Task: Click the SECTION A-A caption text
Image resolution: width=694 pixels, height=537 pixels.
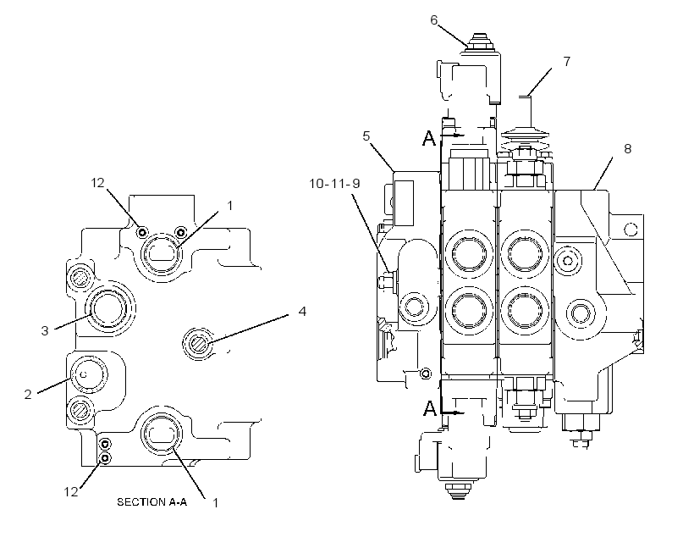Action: pyautogui.click(x=151, y=502)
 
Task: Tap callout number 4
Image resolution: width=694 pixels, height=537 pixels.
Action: pyautogui.click(x=302, y=311)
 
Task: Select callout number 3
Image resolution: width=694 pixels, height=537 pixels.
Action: pyautogui.click(x=45, y=330)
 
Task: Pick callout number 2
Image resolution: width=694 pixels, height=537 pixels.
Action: pyautogui.click(x=28, y=394)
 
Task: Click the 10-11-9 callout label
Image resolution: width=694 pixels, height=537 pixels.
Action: pyautogui.click(x=334, y=184)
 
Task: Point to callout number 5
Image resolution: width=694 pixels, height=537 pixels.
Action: pyautogui.click(x=366, y=136)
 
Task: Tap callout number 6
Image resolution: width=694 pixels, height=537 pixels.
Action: pyautogui.click(x=433, y=20)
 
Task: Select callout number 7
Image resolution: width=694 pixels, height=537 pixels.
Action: pyautogui.click(x=567, y=61)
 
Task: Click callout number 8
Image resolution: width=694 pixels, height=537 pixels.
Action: pyautogui.click(x=627, y=148)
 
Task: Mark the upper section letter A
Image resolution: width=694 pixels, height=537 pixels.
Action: pyautogui.click(x=429, y=138)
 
